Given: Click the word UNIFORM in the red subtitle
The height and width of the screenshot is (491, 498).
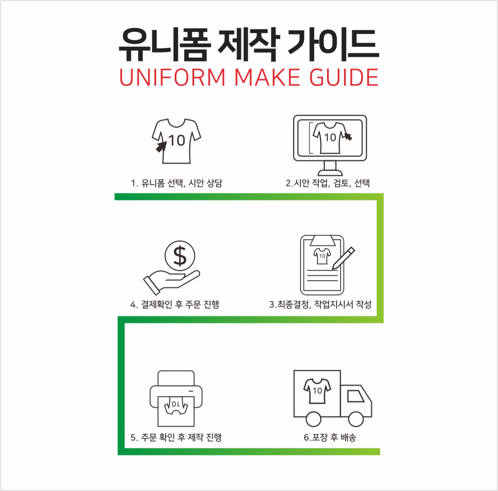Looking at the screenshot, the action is pos(172,77).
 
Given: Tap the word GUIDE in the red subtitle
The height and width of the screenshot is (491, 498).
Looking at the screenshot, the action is pos(344,77).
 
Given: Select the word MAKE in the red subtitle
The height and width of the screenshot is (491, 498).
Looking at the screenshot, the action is pos(268,77).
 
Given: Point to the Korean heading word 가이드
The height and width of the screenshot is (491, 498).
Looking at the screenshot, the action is pos(333,45).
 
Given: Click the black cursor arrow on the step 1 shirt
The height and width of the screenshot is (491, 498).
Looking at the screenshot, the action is pos(161,147).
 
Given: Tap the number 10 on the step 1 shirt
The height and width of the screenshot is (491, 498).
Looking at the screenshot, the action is pos(177,141).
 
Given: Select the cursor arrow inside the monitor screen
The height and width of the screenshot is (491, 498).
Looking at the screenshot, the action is pos(348,136).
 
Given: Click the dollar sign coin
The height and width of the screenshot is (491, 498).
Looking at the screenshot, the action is pos(180,256).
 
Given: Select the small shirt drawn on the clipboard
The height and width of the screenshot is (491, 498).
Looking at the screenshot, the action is pos(322,256).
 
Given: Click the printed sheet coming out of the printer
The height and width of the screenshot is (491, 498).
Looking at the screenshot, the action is pos(176,411).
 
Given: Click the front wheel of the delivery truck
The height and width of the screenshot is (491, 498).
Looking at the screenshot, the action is pos(356,419).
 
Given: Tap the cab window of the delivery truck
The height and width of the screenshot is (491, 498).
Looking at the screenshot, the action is pos(355,396).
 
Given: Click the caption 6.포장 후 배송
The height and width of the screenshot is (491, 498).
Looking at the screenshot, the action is pos(330,438).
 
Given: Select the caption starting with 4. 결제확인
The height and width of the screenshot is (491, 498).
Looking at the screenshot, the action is pos(175,304).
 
